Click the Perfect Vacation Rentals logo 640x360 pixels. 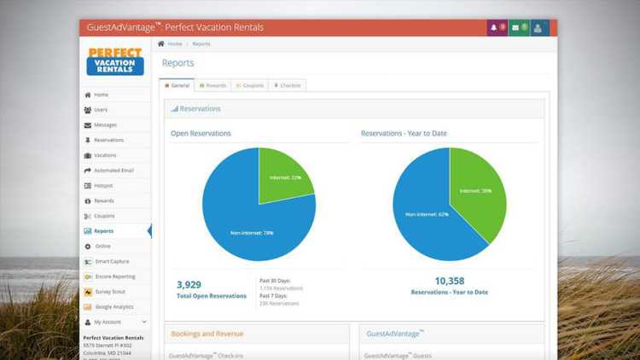(115, 61)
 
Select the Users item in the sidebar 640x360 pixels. (101, 110)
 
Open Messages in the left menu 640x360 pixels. (105, 125)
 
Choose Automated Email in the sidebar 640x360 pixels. (113, 171)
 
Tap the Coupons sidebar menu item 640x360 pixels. (104, 216)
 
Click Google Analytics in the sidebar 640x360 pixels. (113, 306)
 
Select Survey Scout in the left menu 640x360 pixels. (109, 292)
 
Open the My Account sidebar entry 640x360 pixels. (108, 322)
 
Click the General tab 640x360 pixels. (177, 85)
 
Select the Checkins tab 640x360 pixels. (288, 85)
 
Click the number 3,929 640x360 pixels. (189, 284)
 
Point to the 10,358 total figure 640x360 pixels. (449, 281)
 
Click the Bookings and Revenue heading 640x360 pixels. (207, 334)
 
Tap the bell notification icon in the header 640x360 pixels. (494, 27)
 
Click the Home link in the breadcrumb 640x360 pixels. (174, 44)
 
